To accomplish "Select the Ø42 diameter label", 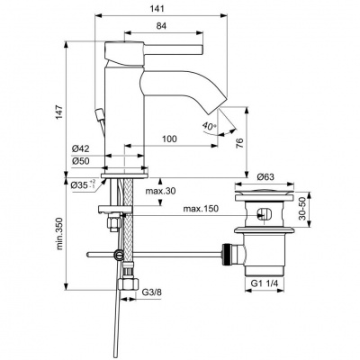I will pos(82,149).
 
